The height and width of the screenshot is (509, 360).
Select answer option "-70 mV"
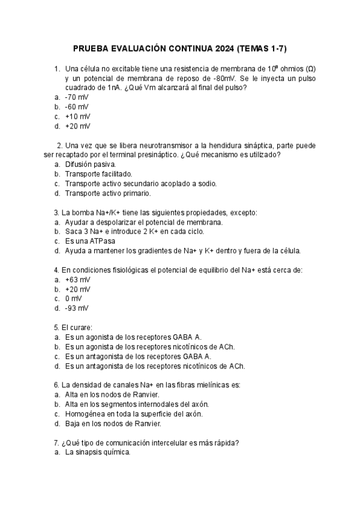77,97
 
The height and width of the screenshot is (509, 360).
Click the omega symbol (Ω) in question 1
310,68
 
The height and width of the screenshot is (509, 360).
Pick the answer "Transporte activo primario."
108,193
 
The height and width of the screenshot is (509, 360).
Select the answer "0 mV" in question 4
74,299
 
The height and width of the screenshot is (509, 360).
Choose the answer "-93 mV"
77,309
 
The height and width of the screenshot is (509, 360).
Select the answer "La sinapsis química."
97,453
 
